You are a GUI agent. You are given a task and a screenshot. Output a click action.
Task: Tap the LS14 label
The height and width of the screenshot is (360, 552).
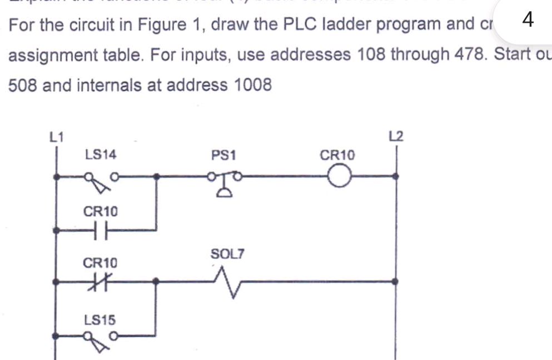[101, 155]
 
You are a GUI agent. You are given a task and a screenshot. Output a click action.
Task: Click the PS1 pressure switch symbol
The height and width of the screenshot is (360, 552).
[224, 182]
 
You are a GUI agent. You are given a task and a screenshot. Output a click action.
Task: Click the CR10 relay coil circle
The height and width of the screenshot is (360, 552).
[339, 177]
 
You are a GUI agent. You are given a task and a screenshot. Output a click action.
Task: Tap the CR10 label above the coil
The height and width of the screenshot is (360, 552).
[337, 155]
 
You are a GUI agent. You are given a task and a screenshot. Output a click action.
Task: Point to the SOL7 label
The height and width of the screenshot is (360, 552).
[227, 254]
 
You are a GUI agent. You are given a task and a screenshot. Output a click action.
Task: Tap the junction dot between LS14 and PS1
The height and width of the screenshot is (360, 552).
[157, 177]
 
